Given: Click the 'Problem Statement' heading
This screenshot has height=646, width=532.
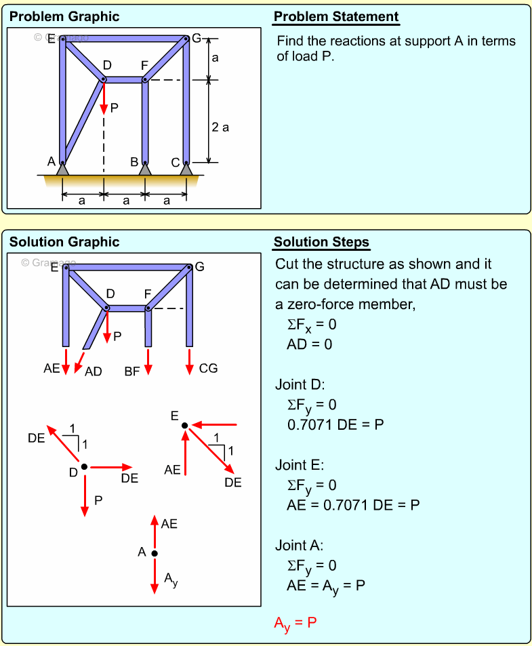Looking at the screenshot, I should pyautogui.click(x=336, y=17).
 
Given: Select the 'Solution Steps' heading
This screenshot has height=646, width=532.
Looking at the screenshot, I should pyautogui.click(x=321, y=242).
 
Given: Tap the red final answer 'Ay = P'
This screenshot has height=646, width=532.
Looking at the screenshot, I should pyautogui.click(x=295, y=622).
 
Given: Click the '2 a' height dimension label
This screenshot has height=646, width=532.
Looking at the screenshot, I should pyautogui.click(x=220, y=127).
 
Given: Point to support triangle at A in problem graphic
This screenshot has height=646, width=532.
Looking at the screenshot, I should pyautogui.click(x=62, y=169).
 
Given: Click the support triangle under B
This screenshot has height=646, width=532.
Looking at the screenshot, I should pyautogui.click(x=145, y=169).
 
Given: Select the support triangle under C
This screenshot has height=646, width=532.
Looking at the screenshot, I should pyautogui.click(x=186, y=169).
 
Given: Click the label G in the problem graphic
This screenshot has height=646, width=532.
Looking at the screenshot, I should pyautogui.click(x=197, y=38).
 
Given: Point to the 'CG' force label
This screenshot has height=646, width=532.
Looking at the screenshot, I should pyautogui.click(x=208, y=369).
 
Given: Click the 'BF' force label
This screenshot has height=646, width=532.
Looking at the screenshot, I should pyautogui.click(x=132, y=371).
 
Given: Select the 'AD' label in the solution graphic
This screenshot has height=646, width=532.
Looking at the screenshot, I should pyautogui.click(x=94, y=371).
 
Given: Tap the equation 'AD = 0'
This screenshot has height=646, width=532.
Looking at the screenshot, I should pyautogui.click(x=310, y=344).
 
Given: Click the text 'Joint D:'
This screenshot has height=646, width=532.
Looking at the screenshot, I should pyautogui.click(x=300, y=384).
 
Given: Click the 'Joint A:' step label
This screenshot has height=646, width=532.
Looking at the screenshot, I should pyautogui.click(x=300, y=545).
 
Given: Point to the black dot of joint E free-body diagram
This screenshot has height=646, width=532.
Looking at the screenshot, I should pyautogui.click(x=184, y=426).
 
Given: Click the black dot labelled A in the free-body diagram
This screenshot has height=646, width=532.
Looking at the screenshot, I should pyautogui.click(x=155, y=554).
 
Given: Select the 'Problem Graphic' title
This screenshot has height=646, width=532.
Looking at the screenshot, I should pyautogui.click(x=64, y=17).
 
